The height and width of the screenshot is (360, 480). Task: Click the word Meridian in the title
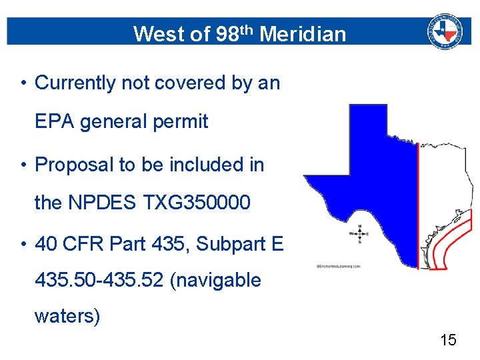click(303, 33)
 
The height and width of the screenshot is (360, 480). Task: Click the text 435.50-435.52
click(99, 280)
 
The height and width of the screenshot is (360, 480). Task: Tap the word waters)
click(67, 315)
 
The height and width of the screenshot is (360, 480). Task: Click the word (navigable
click(215, 280)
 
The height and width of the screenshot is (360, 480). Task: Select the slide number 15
click(448, 341)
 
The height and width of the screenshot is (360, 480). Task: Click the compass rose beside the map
click(360, 234)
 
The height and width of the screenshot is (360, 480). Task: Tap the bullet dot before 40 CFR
click(23, 245)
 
